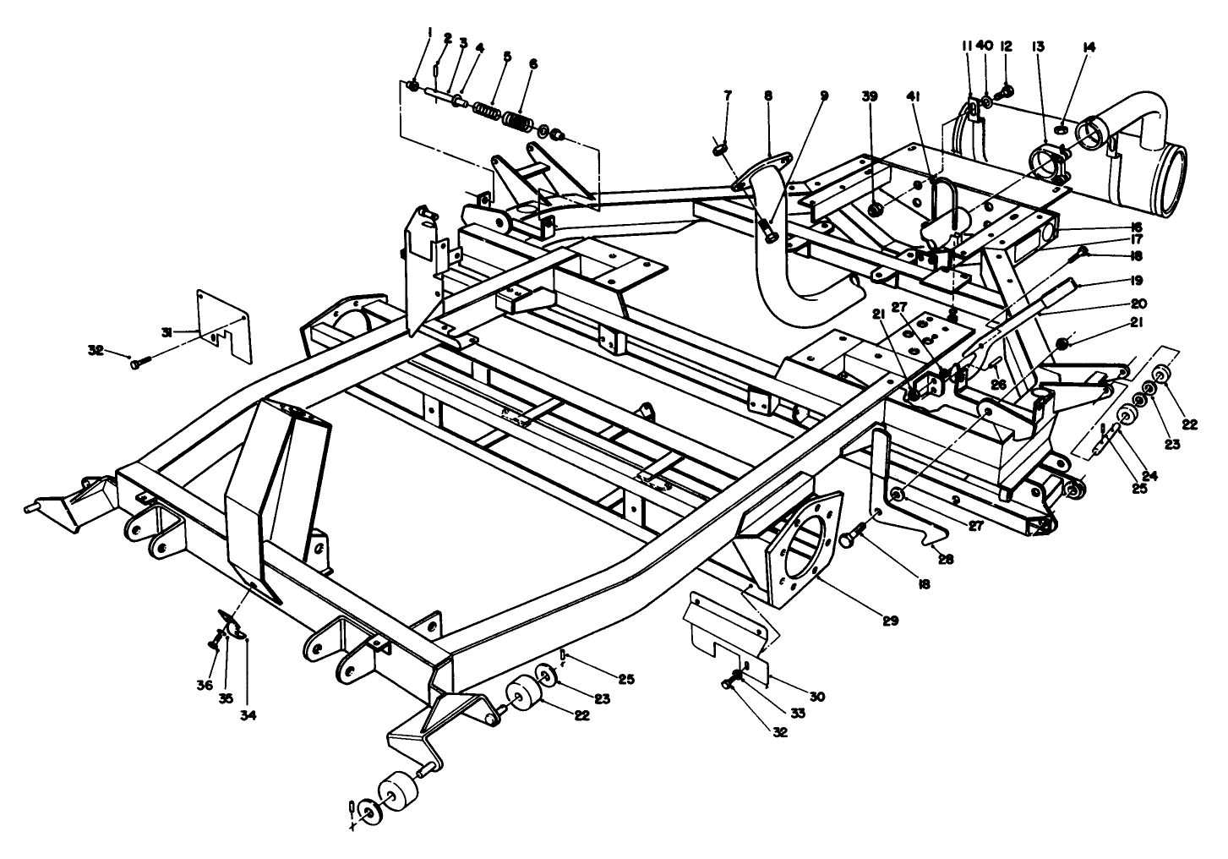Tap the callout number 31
point(167,331)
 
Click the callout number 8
point(767,96)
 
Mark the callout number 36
point(205,663)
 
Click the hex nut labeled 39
point(877,208)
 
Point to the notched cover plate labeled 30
point(727,630)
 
